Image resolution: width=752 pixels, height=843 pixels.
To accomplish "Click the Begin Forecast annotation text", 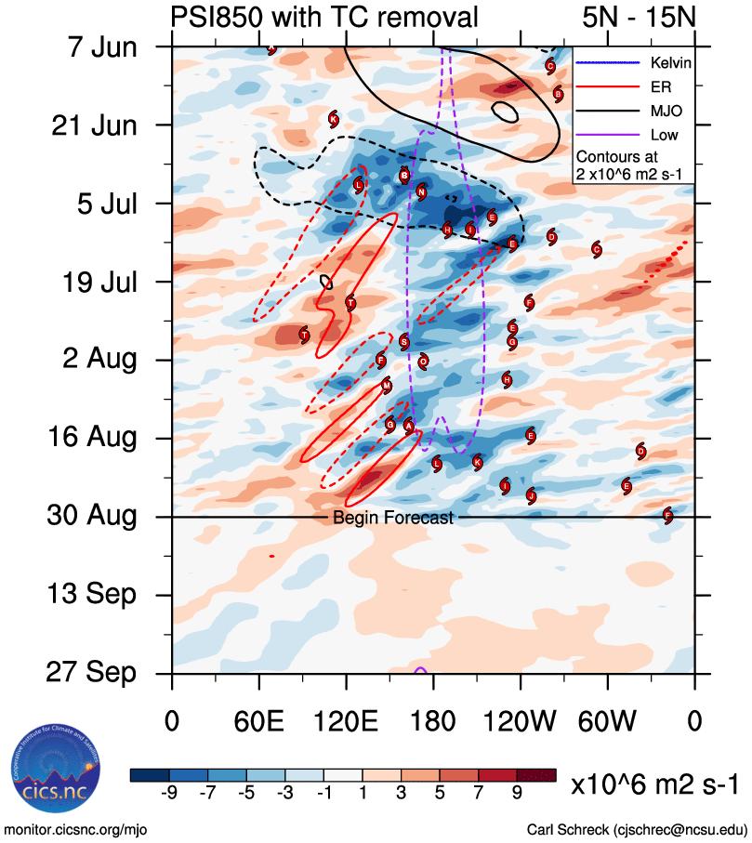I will (393, 518).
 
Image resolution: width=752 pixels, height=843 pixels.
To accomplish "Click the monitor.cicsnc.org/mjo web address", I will (76, 829).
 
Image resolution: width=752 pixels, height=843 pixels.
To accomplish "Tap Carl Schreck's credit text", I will (636, 829).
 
